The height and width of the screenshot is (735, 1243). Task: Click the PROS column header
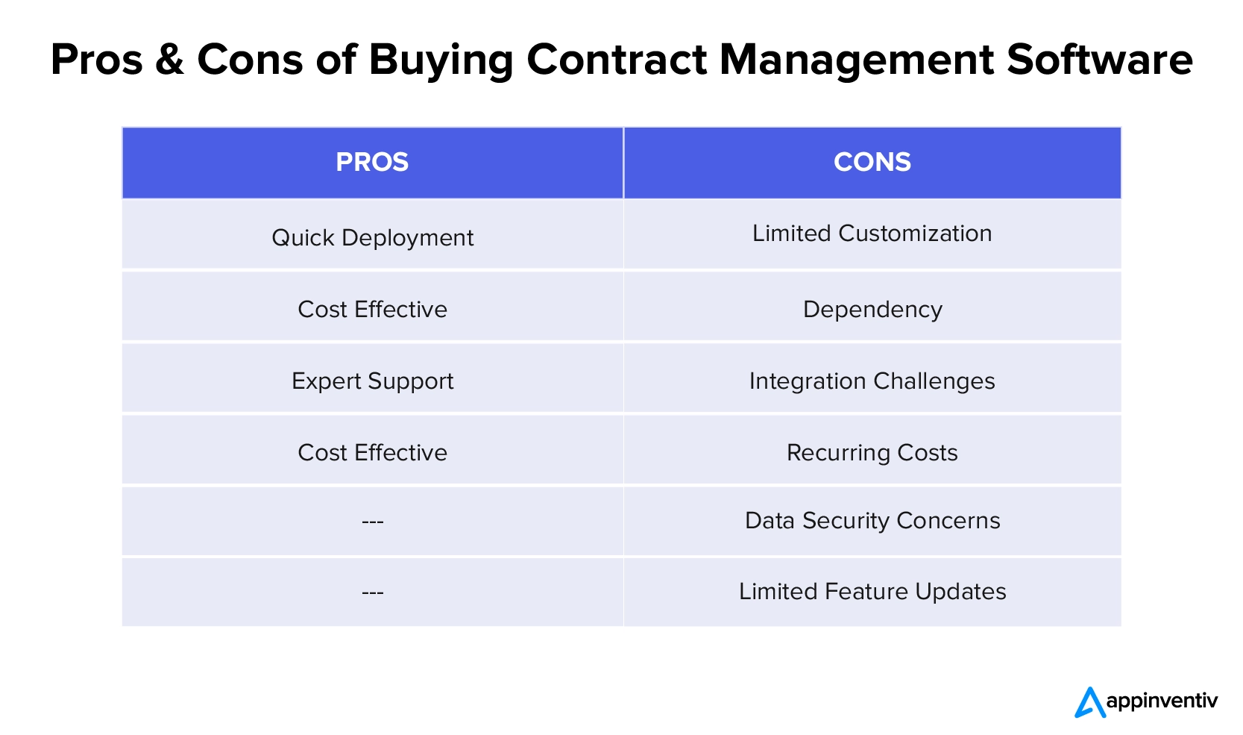pos(372,162)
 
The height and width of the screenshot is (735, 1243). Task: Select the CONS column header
pos(872,162)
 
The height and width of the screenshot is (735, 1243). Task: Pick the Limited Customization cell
pos(872,233)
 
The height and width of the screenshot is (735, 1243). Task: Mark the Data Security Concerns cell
pos(872,521)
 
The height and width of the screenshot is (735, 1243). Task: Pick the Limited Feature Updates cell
pos(872,592)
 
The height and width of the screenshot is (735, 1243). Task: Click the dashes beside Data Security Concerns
pos(372,522)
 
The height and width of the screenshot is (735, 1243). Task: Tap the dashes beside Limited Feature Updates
pos(372,593)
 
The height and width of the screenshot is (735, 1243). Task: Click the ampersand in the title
pos(169,59)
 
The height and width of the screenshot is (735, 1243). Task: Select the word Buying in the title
pos(441,61)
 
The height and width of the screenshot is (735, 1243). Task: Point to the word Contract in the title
pos(617,59)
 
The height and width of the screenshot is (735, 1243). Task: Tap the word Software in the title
pos(1100,59)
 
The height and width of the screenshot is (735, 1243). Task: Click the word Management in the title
pos(856,61)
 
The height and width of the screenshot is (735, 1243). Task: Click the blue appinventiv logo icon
pos(1090,703)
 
